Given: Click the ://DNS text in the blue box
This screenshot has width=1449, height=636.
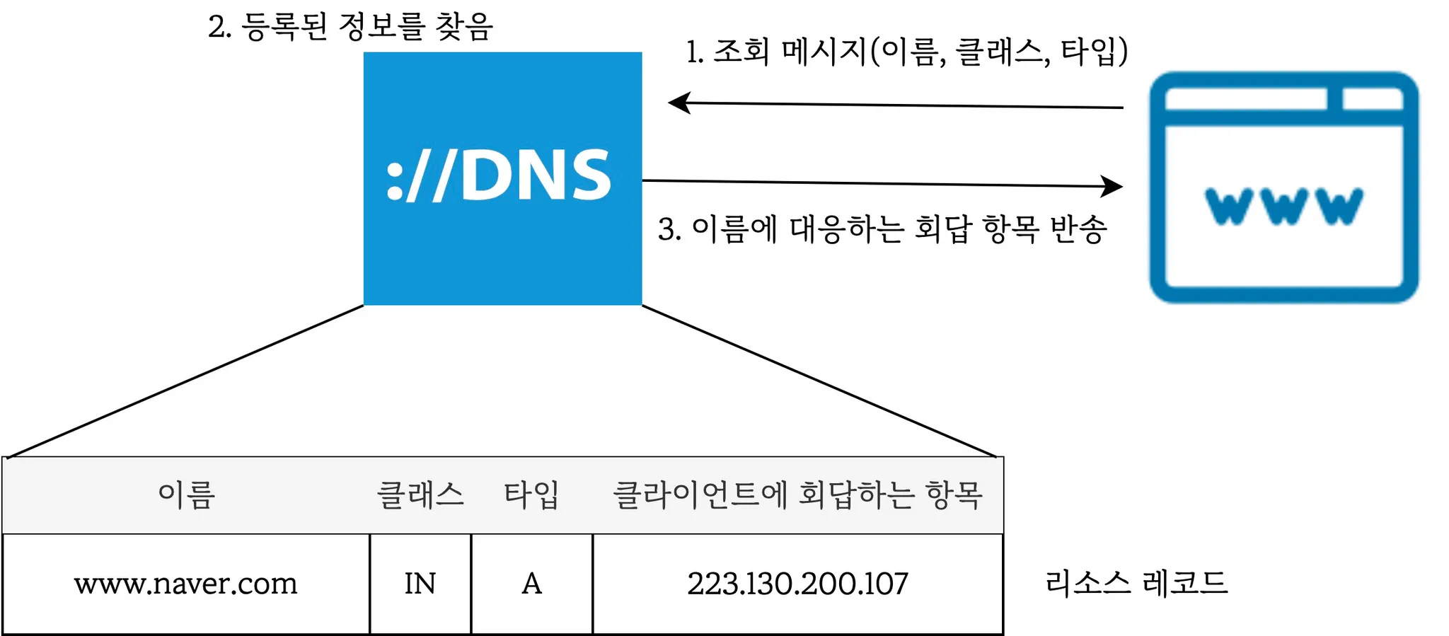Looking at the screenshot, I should [499, 175].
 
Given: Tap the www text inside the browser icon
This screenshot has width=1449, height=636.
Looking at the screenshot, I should [1283, 206].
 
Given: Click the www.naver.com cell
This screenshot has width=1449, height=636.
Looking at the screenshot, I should [186, 584].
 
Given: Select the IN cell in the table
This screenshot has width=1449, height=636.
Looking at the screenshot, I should [420, 584].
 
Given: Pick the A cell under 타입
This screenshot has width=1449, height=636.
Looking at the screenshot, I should [531, 584].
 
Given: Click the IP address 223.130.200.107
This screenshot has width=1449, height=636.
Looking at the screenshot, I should [797, 584].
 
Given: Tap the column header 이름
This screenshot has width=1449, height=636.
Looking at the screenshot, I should [186, 495].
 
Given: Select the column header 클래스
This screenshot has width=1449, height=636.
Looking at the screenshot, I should [420, 495].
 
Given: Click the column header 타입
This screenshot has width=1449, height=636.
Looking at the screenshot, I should [531, 495].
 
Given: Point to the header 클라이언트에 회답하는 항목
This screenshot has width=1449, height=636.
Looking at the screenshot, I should [797, 495].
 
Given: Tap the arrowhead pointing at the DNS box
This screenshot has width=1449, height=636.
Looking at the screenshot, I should [679, 103].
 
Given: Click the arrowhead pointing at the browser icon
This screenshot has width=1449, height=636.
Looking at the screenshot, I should [1113, 186].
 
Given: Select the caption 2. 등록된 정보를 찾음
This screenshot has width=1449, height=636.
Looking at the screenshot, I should [350, 27].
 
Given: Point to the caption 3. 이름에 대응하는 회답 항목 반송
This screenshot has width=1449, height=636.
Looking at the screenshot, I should [882, 229].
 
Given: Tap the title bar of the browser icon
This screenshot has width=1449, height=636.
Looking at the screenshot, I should [1245, 99].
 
